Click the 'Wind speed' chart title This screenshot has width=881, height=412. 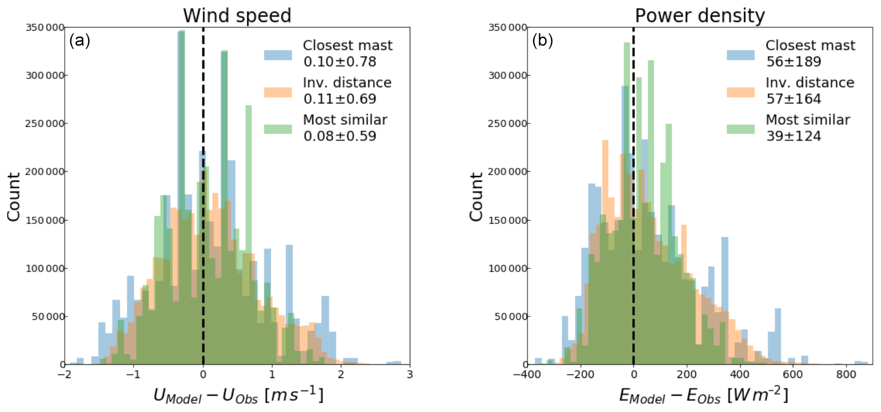tap(237, 15)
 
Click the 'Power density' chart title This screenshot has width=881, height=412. tap(700, 15)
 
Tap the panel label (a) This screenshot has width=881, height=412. tap(79, 40)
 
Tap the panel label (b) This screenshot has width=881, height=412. tap(542, 40)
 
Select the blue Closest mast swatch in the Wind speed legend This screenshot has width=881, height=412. tap(278, 54)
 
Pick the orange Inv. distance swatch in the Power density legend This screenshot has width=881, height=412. tap(741, 92)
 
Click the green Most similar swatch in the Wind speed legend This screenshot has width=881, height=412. tap(278, 129)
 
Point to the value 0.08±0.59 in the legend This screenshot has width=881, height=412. tap(340, 136)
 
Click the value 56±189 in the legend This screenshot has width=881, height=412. tap(793, 61)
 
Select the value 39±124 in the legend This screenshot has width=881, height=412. tap(793, 136)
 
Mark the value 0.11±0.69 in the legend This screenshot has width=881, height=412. tap(340, 99)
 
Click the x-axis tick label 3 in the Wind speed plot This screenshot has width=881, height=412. tap(410, 375)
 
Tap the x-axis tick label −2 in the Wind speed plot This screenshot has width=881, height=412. tap(64, 375)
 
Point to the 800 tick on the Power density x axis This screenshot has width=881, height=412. tap(846, 375)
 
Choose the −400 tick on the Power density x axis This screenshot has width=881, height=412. tap(527, 375)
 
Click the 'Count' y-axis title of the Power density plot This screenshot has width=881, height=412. tap(476, 196)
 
